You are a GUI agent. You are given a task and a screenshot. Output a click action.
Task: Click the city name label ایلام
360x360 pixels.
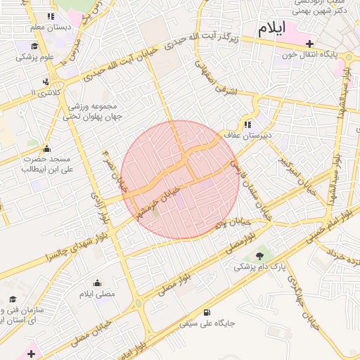273,30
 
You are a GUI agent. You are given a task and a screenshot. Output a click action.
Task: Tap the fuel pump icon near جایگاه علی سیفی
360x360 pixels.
206,312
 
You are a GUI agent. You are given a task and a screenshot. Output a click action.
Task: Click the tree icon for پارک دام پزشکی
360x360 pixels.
262,255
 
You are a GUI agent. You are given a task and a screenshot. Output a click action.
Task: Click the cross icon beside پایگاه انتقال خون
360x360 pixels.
309,44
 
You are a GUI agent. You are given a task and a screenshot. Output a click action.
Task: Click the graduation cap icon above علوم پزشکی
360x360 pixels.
33,46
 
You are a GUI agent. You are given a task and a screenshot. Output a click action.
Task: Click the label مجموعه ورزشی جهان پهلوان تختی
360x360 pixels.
94,111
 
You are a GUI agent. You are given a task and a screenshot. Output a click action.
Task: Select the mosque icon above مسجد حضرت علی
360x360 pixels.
46,149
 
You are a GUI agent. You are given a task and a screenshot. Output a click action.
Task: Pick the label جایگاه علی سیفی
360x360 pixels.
207,324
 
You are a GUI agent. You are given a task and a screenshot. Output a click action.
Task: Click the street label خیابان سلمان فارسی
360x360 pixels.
255,188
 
